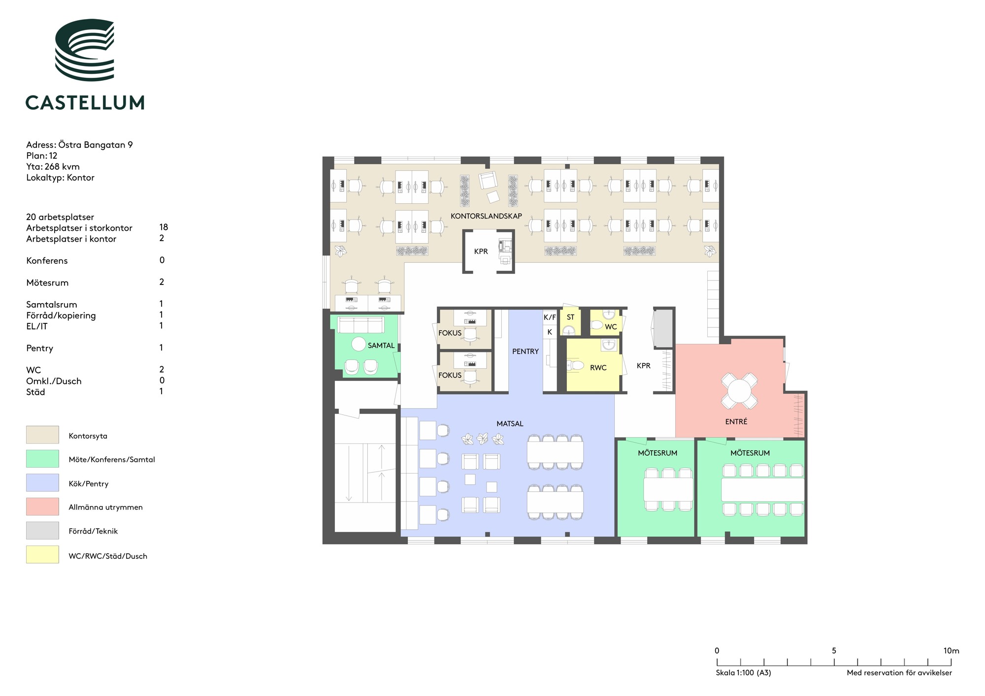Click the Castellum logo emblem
[85, 50]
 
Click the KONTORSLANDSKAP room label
[486, 216]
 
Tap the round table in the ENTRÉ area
[739, 391]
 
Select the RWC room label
[598, 368]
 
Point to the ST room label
[570, 317]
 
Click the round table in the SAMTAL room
[359, 344]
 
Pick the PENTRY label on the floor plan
[525, 351]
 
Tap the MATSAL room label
[510, 424]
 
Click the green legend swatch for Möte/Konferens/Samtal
[42, 459]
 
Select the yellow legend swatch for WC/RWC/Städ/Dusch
[42, 555]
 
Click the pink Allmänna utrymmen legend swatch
[42, 506]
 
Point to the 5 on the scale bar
[834, 651]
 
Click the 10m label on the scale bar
[951, 651]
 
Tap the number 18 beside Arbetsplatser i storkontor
[164, 227]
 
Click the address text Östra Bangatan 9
[96, 145]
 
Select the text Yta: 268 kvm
[53, 167]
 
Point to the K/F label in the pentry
[550, 317]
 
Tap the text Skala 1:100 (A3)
[743, 673]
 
